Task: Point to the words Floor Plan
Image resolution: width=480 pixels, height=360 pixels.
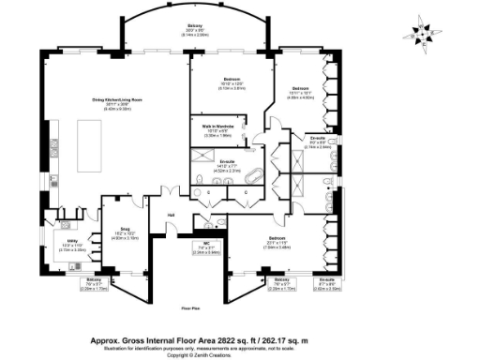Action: (191, 306)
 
